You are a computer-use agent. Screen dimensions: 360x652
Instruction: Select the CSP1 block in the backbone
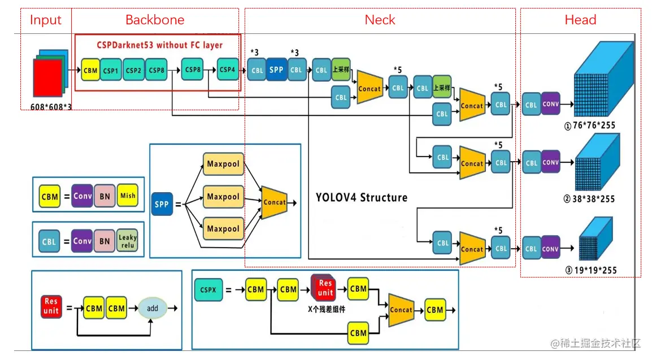(x=111, y=71)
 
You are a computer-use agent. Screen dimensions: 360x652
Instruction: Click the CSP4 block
(x=228, y=70)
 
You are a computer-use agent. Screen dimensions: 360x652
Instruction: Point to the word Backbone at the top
(x=155, y=20)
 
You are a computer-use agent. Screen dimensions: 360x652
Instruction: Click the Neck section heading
(x=380, y=20)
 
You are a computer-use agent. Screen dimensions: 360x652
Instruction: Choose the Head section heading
(x=580, y=20)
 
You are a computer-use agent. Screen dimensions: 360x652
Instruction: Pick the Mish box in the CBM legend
(x=128, y=196)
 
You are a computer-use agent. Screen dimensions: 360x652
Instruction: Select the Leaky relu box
(x=128, y=241)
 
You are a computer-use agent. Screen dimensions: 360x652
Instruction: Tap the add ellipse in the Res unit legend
(x=153, y=309)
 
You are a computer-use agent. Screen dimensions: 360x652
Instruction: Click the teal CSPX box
(x=208, y=290)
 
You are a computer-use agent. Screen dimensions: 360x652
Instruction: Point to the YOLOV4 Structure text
(x=361, y=197)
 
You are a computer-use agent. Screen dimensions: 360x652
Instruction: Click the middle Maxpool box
(x=223, y=197)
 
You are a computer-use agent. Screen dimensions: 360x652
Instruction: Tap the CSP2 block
(x=134, y=71)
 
